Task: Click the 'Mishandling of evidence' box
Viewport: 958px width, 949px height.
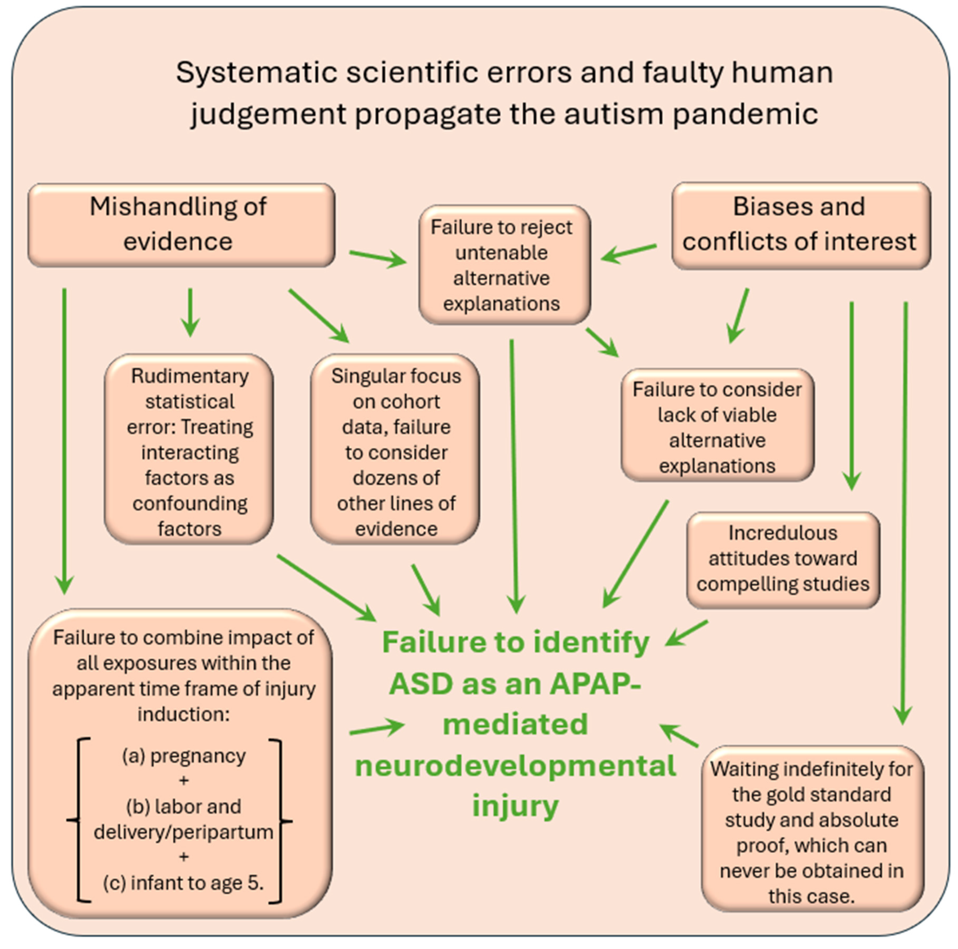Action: tap(181, 225)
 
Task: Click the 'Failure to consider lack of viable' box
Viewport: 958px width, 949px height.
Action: tap(717, 427)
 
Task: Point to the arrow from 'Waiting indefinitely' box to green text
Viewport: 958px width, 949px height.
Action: tap(679, 735)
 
